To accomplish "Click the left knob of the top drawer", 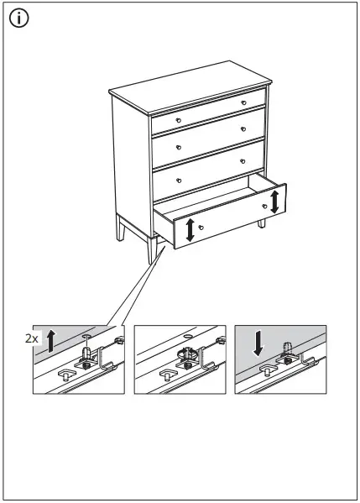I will (178, 119).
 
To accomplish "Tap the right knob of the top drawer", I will (243, 102).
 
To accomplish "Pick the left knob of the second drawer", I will (178, 149).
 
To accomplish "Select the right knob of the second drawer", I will (243, 129).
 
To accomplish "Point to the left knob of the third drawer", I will (179, 178).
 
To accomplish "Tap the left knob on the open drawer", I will (201, 227).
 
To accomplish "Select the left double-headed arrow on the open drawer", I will (190, 229).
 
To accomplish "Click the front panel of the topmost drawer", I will (209, 111).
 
